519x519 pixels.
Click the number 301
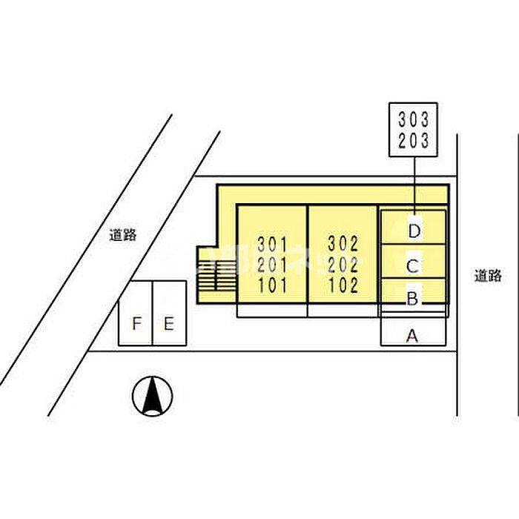[x=272, y=242]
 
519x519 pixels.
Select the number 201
[x=272, y=264]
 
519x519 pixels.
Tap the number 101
[x=272, y=285]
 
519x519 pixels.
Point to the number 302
[x=343, y=242]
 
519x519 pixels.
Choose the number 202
[x=343, y=264]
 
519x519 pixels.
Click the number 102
[x=343, y=285]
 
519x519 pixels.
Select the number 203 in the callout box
[x=414, y=141]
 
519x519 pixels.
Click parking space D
[x=414, y=230]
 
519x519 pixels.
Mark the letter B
[x=413, y=299]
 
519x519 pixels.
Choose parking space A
[x=413, y=336]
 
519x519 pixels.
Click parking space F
[x=136, y=323]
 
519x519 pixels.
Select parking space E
[x=169, y=323]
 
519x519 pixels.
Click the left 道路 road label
[x=122, y=235]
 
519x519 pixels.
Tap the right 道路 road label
[x=488, y=275]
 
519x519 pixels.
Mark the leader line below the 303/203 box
[x=414, y=182]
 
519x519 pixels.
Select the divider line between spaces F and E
[x=152, y=313]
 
